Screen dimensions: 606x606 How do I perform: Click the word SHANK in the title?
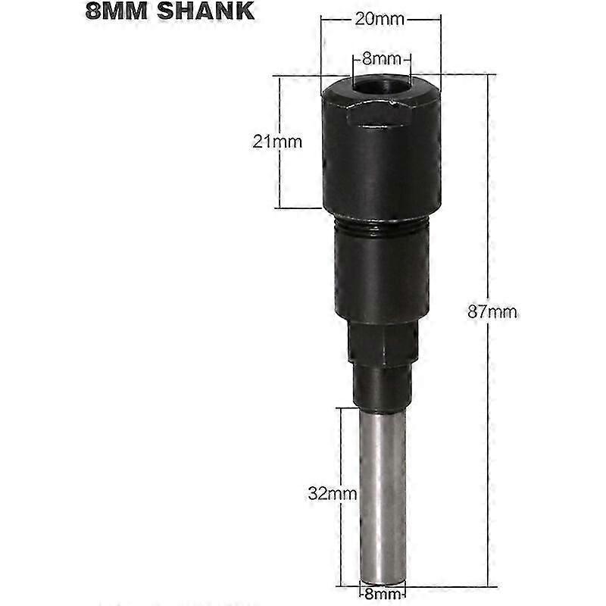205,11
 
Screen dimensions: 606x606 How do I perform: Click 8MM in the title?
117,11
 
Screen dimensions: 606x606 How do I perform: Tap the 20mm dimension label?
380,19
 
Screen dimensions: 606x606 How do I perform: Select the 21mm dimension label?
277,142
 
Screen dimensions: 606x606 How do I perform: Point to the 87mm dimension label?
492,311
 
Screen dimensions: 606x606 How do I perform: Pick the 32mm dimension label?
333,494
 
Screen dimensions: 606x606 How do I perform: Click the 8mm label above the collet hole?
382,60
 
